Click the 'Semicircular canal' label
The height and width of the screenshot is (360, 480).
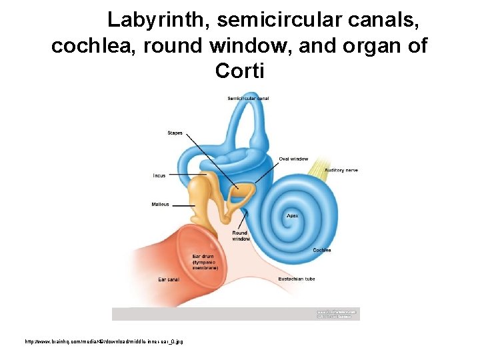(x=248, y=99)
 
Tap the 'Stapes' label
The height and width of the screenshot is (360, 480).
(x=175, y=133)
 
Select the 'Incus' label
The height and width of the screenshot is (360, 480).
(x=159, y=176)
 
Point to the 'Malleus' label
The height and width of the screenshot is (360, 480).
(x=160, y=205)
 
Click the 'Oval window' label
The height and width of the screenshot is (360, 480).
(x=293, y=159)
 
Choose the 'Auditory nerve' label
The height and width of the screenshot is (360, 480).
(x=341, y=171)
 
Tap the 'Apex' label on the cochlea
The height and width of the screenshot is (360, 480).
(x=292, y=216)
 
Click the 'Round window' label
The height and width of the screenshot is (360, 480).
(x=241, y=236)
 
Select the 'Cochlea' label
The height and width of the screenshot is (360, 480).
(x=322, y=250)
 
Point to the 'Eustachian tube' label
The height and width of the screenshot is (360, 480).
(x=297, y=279)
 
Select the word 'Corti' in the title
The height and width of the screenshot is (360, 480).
(x=240, y=70)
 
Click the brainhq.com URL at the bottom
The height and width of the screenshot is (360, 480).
(x=104, y=341)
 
